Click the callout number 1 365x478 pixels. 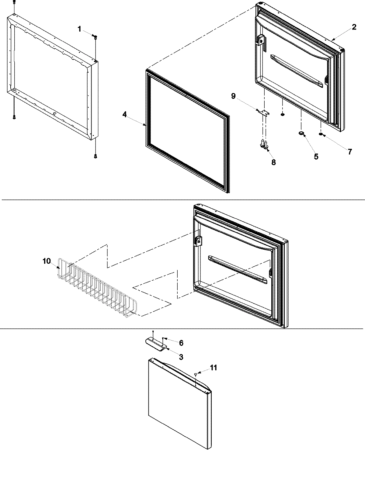pyautogui.click(x=80, y=29)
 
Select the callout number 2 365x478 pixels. pyautogui.click(x=354, y=27)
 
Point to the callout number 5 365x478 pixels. pyautogui.click(x=316, y=157)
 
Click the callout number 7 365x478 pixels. pyautogui.click(x=350, y=152)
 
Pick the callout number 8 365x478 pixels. pyautogui.click(x=273, y=162)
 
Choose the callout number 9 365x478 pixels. pyautogui.click(x=233, y=96)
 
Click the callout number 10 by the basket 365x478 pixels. pyautogui.click(x=47, y=261)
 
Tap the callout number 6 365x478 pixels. pyautogui.click(x=181, y=343)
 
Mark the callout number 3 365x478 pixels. pyautogui.click(x=181, y=357)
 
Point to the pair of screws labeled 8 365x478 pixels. pyautogui.click(x=263, y=144)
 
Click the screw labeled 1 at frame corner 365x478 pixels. pyautogui.click(x=96, y=37)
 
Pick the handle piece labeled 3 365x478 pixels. pyautogui.click(x=155, y=345)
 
